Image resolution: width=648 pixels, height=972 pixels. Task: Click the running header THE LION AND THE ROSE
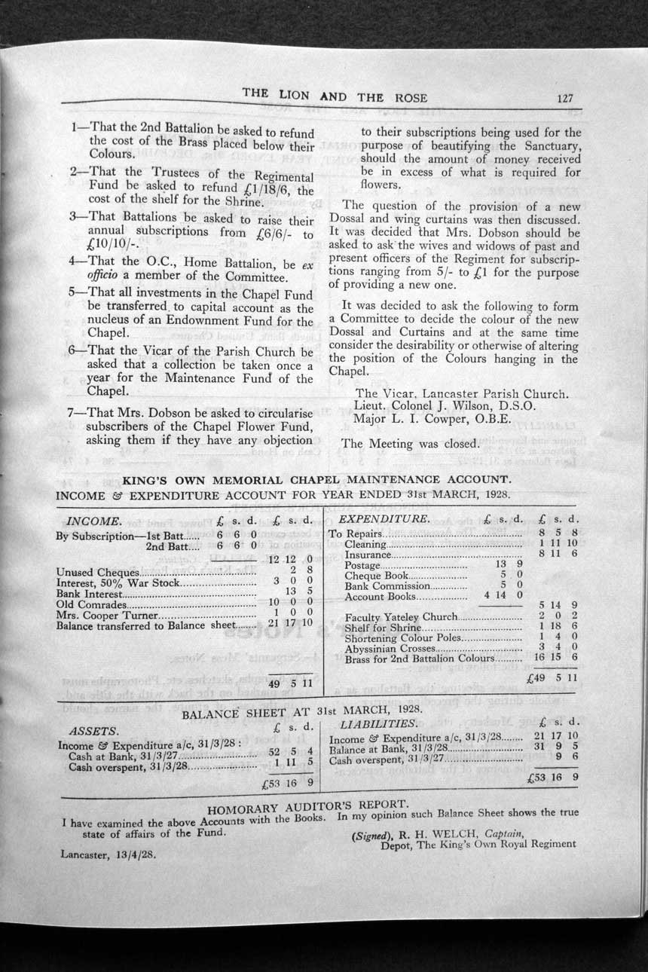(x=335, y=96)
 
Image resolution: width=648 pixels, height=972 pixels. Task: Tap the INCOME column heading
(x=94, y=521)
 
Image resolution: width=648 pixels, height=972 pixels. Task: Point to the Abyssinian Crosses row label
(x=390, y=648)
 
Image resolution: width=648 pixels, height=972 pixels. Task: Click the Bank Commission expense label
(x=387, y=585)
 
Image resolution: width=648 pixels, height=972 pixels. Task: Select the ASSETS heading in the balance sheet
(x=93, y=731)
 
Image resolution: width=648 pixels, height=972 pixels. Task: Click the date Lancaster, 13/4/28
(x=109, y=855)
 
